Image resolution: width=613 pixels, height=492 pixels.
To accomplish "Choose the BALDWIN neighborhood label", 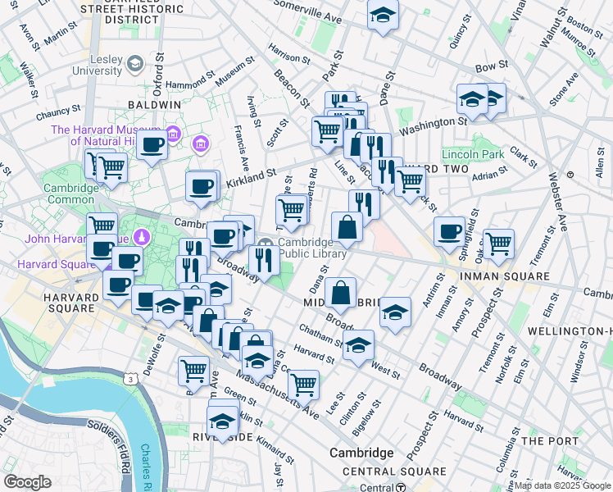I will point(154,105).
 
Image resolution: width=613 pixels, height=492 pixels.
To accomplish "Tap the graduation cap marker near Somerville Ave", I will point(383,16).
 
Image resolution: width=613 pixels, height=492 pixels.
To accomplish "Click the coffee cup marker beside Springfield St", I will point(449,232).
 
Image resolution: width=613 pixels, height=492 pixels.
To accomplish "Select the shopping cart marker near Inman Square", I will point(498,243).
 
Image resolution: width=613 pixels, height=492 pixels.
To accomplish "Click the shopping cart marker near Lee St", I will point(303,383).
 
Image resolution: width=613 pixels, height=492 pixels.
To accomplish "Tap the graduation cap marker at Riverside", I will point(222,421).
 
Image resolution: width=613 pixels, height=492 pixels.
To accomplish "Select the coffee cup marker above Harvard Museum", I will point(152,146).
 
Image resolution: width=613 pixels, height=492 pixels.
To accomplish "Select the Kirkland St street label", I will point(250,175).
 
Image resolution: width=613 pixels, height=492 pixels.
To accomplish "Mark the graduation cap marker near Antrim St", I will point(395,313).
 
